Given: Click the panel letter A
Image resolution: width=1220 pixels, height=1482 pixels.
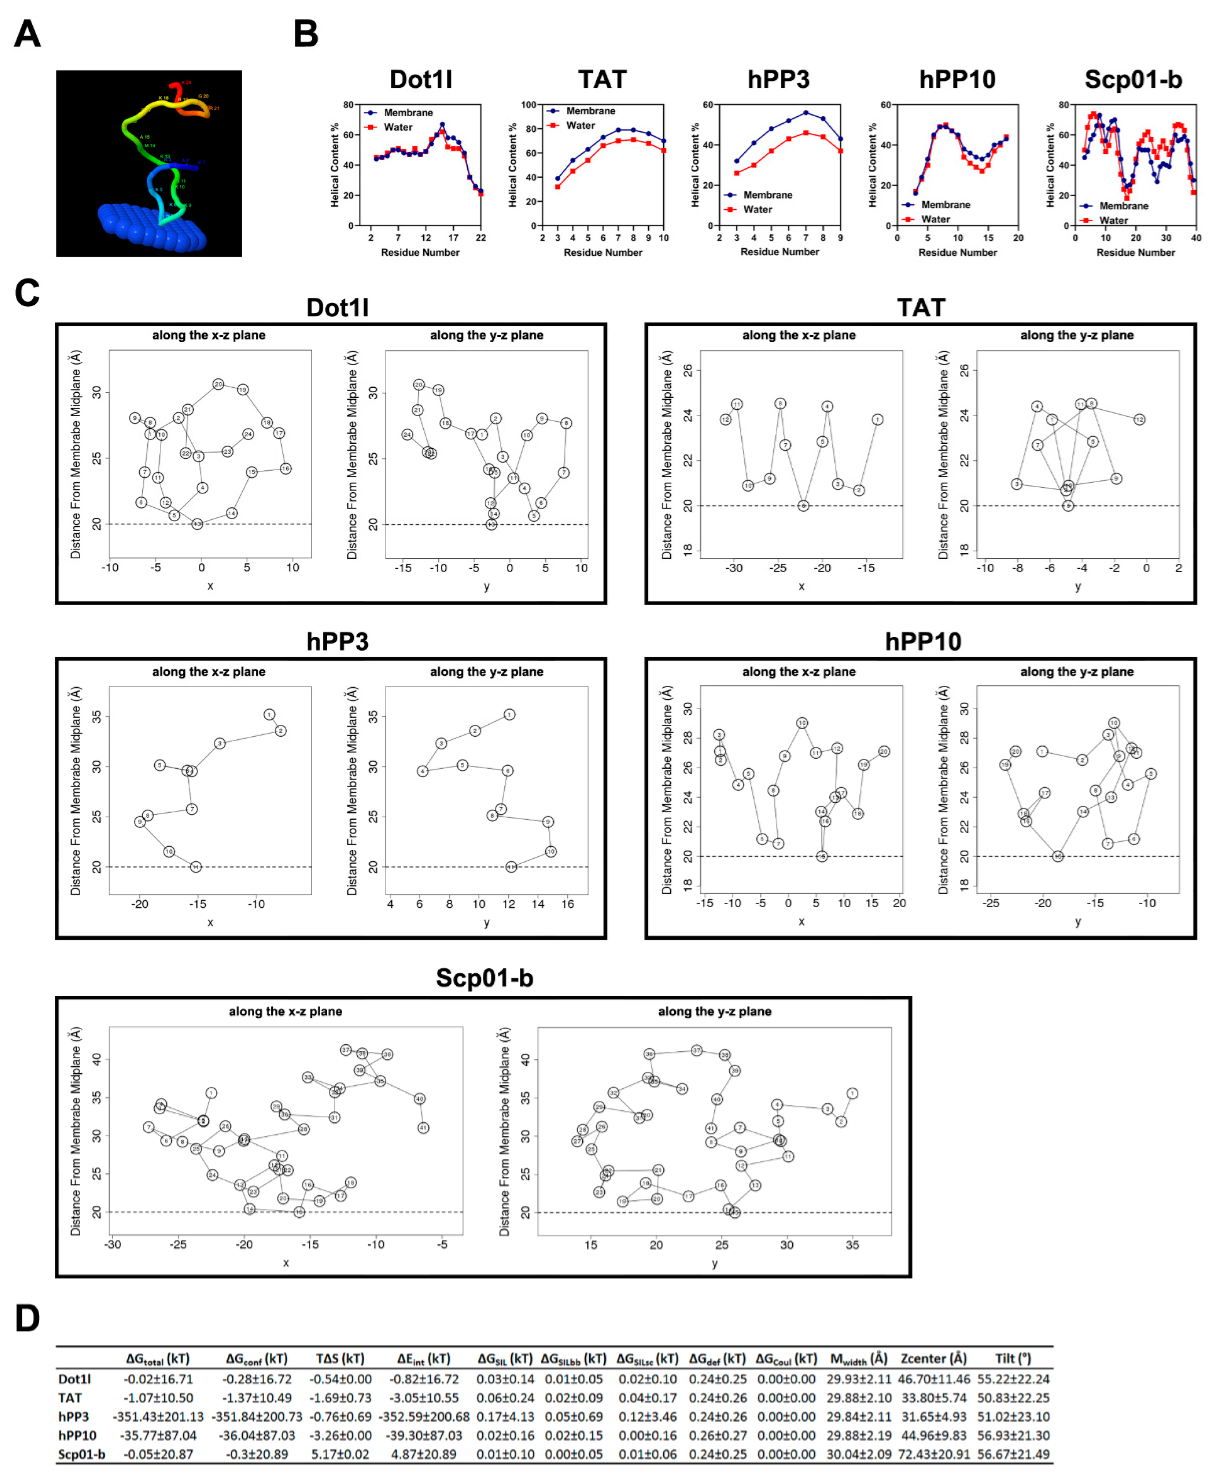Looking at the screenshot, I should click(x=27, y=34).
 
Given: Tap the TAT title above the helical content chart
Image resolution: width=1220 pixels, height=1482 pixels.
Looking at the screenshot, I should click(x=602, y=80).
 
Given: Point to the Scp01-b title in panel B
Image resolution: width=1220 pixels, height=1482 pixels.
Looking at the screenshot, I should click(x=1133, y=80).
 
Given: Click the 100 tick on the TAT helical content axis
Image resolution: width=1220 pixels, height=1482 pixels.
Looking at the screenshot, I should click(x=528, y=105).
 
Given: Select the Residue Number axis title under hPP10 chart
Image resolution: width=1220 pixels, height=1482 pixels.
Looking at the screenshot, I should click(x=957, y=253).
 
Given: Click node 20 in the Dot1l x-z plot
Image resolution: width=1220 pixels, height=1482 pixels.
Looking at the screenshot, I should click(x=218, y=385).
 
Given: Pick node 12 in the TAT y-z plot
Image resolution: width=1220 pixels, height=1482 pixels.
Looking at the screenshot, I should click(x=1139, y=420).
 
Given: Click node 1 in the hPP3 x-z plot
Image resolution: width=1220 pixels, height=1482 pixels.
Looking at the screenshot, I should click(x=269, y=714).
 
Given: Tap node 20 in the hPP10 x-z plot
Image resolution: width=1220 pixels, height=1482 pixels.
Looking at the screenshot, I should click(x=884, y=751).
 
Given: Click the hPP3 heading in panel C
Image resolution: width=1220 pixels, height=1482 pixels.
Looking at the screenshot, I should click(x=337, y=641).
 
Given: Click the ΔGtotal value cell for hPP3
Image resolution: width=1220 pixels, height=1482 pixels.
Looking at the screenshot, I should click(x=158, y=1417).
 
